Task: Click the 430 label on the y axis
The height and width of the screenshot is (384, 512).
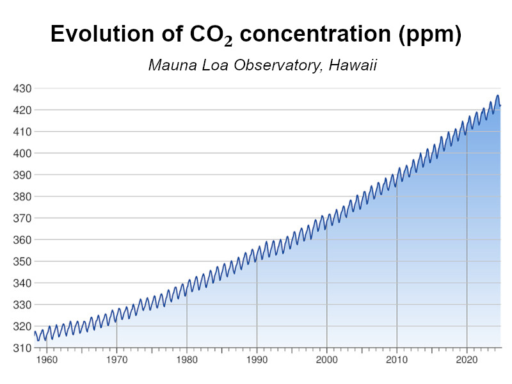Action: click(x=22, y=88)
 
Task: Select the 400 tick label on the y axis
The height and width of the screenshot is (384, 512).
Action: click(x=22, y=153)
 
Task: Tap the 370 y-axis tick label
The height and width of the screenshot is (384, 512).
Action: click(x=22, y=218)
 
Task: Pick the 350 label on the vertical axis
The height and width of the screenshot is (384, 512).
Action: click(x=22, y=261)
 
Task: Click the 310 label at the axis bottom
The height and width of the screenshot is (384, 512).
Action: click(x=22, y=348)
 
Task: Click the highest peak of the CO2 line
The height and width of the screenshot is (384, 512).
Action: click(x=497, y=95)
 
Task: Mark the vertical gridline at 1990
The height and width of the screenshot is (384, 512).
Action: click(x=257, y=301)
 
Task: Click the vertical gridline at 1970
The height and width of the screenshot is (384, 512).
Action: click(x=116, y=330)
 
